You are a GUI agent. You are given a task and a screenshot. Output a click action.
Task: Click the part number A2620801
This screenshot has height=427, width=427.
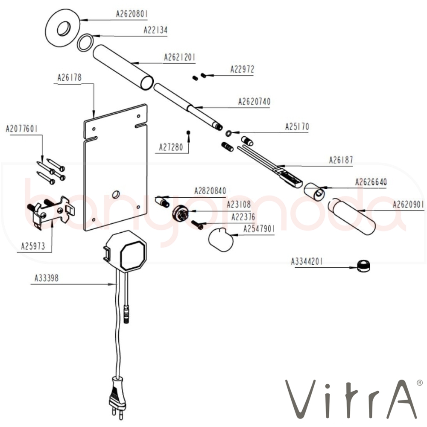pyautogui.click(x=132, y=14)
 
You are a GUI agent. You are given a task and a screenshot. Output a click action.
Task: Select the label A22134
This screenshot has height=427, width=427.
pyautogui.click(x=155, y=30)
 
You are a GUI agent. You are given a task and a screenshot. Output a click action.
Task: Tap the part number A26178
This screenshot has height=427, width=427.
pyautogui.click(x=69, y=78)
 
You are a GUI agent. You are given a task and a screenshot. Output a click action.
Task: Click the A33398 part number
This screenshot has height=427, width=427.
pyautogui.click(x=47, y=278)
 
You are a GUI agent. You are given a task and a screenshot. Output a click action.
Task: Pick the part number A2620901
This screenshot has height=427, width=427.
pyautogui.click(x=408, y=205)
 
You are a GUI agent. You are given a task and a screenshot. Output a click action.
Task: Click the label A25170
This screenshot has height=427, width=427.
pyautogui.click(x=297, y=127)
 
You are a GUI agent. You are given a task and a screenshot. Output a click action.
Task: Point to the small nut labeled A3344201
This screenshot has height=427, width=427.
pyautogui.click(x=363, y=266)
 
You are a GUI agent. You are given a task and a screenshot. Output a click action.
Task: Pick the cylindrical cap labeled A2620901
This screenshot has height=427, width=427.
pyautogui.click(x=352, y=216)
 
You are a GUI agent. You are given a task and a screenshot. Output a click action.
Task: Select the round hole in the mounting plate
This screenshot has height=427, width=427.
pyautogui.click(x=114, y=195)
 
